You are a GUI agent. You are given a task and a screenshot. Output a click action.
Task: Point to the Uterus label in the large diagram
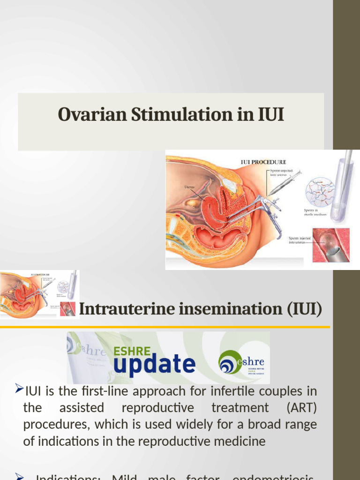189,187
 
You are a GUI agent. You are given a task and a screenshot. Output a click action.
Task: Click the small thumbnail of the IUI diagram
39,294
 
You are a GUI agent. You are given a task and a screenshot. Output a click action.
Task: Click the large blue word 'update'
154,365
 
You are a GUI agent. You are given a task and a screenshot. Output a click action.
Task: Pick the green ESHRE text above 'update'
133,351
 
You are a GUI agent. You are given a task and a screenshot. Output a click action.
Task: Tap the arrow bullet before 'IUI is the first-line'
19,388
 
